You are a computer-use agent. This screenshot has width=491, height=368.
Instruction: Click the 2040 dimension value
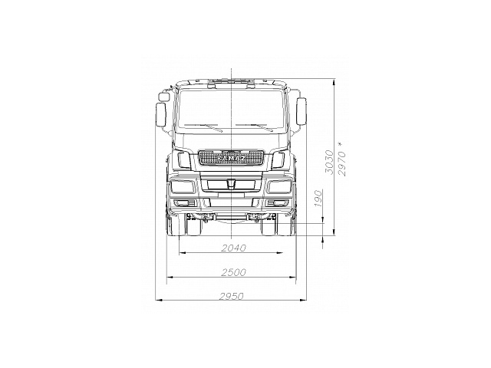[x=232, y=248]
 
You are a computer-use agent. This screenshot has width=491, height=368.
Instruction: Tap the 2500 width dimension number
[x=232, y=272]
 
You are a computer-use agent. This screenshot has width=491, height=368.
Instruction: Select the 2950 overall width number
[x=232, y=296]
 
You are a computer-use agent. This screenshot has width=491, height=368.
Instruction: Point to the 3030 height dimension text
[x=328, y=163]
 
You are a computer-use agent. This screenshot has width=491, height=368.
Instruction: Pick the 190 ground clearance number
[x=317, y=201]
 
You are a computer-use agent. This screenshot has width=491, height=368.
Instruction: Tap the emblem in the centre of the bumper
[x=231, y=186]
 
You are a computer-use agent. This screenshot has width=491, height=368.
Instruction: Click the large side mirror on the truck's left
[x=161, y=116]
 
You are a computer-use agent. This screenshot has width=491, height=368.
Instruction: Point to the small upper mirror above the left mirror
[x=163, y=96]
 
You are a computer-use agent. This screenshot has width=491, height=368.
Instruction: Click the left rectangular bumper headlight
[x=183, y=186]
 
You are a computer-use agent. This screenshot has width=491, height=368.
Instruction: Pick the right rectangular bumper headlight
[x=278, y=186]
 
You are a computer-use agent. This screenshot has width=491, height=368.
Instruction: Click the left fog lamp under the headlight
[x=184, y=202]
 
